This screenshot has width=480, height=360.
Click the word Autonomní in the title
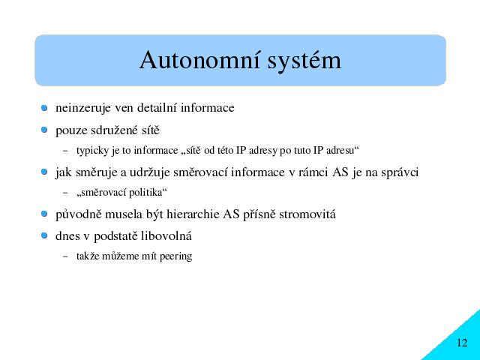pyautogui.click(x=200, y=60)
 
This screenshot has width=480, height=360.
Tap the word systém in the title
pyautogui.click(x=304, y=60)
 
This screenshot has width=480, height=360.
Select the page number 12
pyautogui.click(x=462, y=343)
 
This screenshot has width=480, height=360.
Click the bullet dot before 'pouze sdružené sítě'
pyautogui.click(x=44, y=130)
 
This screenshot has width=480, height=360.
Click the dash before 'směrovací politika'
pyautogui.click(x=65, y=193)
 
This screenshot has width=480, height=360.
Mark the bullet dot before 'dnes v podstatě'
pyautogui.click(x=44, y=235)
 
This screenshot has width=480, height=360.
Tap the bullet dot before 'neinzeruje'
pyautogui.click(x=44, y=108)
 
